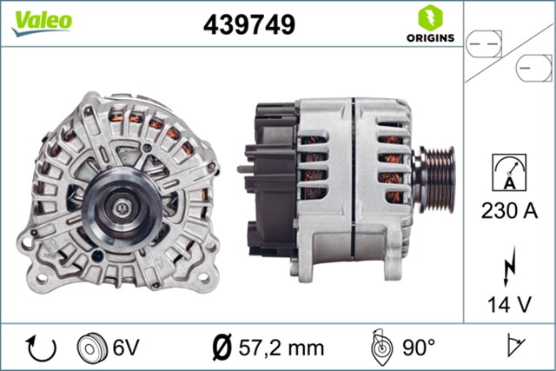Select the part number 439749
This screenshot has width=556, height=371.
click(249, 25)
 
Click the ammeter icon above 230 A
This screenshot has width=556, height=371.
click(509, 170)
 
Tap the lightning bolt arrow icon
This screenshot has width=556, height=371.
click(509, 268)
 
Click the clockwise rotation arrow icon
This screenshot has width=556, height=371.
click(41, 348)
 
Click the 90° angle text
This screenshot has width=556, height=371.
click(418, 348)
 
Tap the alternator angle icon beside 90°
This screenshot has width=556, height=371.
click(380, 348)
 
